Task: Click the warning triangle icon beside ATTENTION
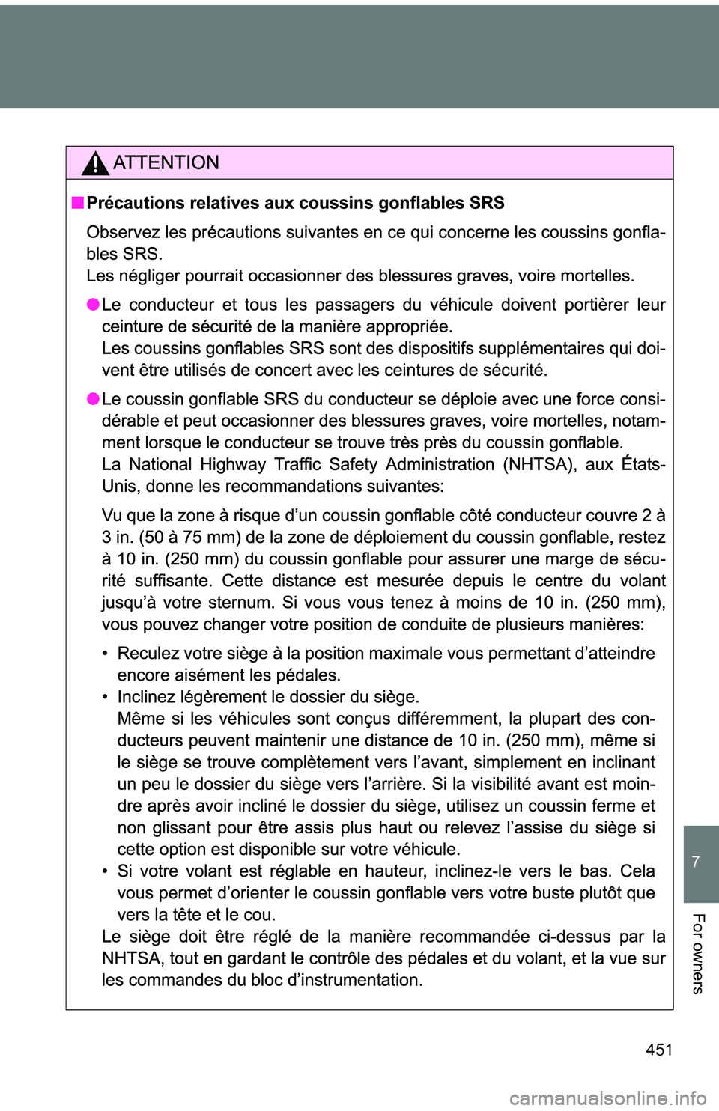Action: pyautogui.click(x=95, y=162)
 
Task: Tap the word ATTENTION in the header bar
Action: pyautogui.click(x=166, y=162)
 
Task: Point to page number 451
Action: pyautogui.click(x=658, y=1050)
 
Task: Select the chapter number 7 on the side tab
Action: pyautogui.click(x=696, y=862)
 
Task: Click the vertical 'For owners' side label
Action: pyautogui.click(x=697, y=954)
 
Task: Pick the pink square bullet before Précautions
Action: pyautogui.click(x=77, y=203)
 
